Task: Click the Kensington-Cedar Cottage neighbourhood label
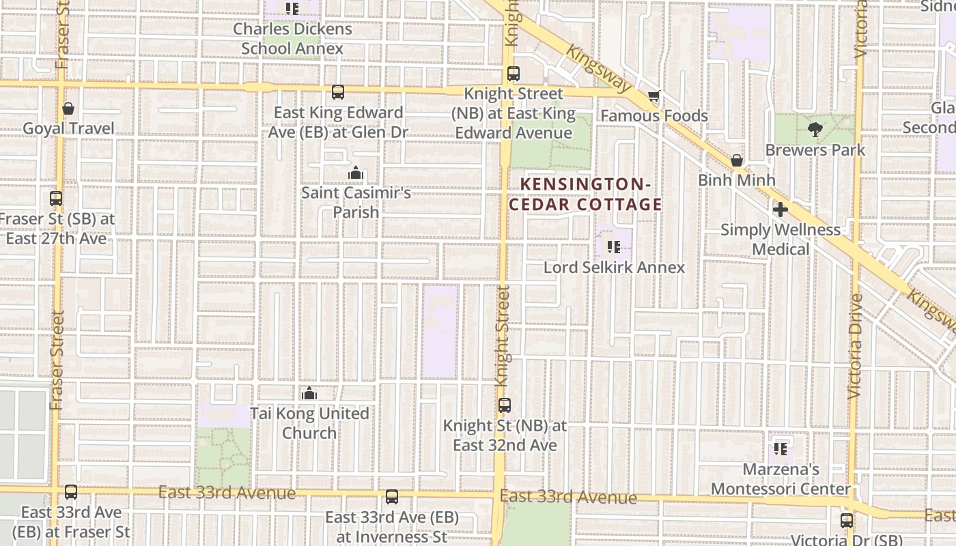[591, 195]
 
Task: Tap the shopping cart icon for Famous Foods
[654, 96]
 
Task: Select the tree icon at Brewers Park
[815, 130]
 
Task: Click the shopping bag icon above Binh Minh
[737, 160]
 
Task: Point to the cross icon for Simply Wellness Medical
[781, 210]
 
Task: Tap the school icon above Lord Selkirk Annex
[613, 247]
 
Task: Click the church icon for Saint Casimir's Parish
[355, 173]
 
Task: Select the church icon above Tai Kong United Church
[309, 394]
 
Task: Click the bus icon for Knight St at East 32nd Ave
[505, 405]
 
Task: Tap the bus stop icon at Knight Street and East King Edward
[514, 74]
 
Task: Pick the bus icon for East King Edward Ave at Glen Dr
[338, 92]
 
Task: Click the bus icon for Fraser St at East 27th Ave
[56, 199]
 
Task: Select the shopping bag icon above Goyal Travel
[68, 109]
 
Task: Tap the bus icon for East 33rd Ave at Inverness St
[392, 497]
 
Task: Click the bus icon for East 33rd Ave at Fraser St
[71, 492]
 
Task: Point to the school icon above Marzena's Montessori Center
[781, 449]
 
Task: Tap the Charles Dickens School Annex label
[292, 39]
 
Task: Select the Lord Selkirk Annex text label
[614, 268]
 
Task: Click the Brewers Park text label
[815, 150]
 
